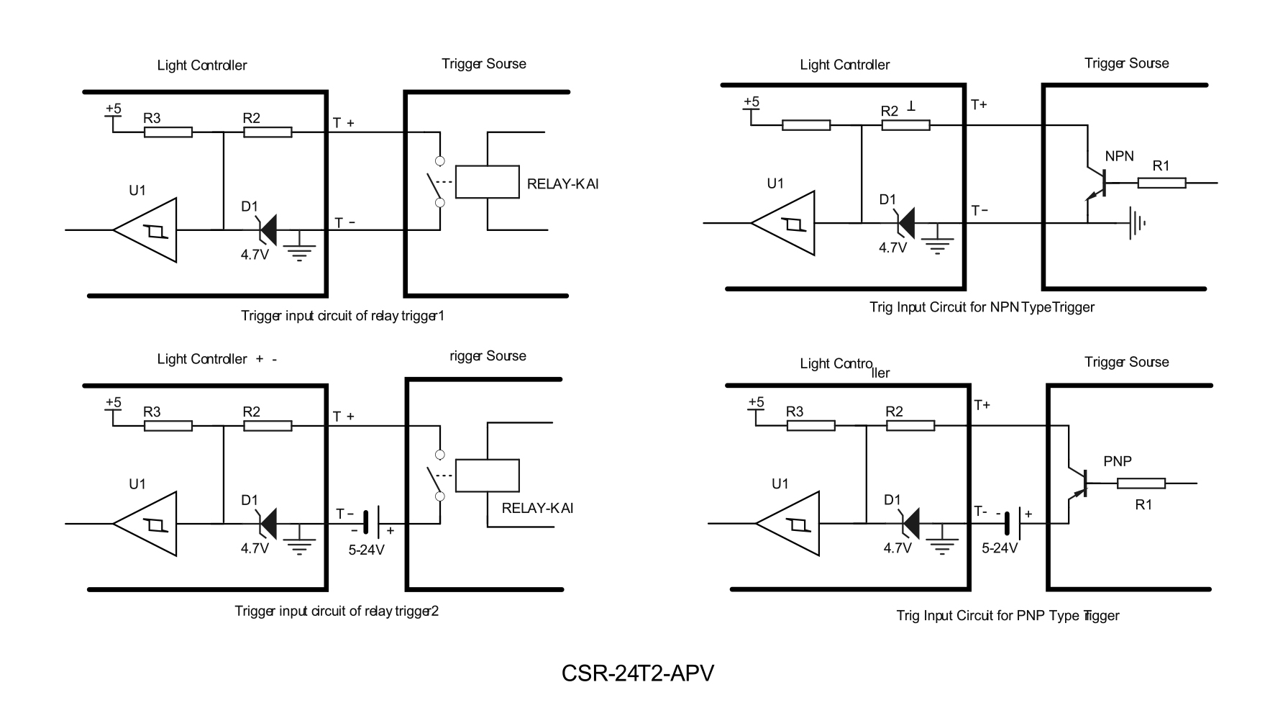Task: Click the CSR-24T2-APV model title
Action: point(637,673)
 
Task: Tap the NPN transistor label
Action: point(1119,156)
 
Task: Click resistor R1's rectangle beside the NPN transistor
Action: point(1161,183)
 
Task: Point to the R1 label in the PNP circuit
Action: point(1143,505)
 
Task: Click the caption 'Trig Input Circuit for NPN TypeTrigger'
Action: point(982,307)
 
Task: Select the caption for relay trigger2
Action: point(337,611)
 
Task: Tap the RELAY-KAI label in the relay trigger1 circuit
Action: point(562,183)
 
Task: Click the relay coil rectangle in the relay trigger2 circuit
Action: point(488,475)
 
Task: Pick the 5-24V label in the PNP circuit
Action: point(1000,548)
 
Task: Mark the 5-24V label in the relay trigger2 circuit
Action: point(366,550)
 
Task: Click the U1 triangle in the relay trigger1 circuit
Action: point(148,230)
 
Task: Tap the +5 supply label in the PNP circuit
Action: point(756,401)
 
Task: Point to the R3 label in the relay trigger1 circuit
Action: point(152,118)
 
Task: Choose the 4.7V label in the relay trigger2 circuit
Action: point(255,548)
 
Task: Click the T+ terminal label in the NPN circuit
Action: point(979,105)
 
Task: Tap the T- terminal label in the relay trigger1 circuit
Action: point(344,223)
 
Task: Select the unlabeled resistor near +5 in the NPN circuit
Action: point(806,125)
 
